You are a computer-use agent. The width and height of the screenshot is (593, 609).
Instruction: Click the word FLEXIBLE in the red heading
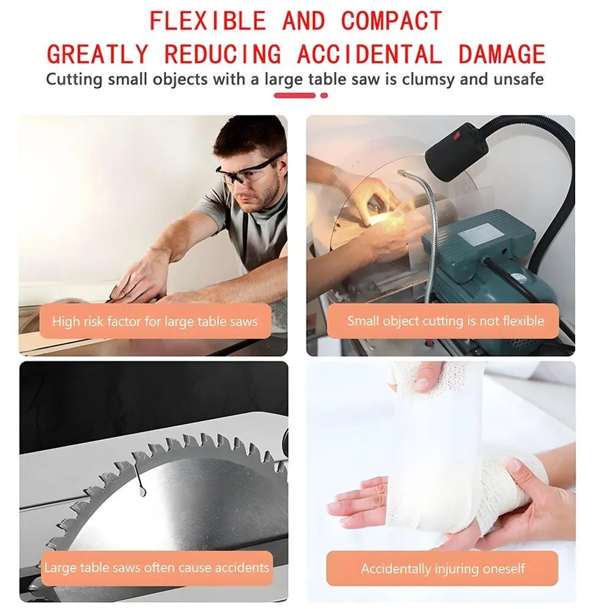[208, 21]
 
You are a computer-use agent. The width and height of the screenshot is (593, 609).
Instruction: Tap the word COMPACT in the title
[392, 21]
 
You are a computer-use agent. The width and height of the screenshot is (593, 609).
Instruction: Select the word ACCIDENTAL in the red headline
[369, 54]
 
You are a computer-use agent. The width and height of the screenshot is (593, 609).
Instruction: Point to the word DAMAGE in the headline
[502, 54]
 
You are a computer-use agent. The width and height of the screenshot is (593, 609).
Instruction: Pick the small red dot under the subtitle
[324, 96]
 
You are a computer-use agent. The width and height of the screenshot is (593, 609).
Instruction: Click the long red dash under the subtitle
[295, 96]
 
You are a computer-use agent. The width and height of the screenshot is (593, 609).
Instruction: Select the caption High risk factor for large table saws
[155, 321]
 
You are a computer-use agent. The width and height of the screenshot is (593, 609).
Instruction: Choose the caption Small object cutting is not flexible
[445, 321]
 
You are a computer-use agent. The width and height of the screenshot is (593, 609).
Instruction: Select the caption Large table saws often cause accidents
[156, 567]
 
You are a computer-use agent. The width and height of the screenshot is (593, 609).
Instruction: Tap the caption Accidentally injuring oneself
[443, 569]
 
